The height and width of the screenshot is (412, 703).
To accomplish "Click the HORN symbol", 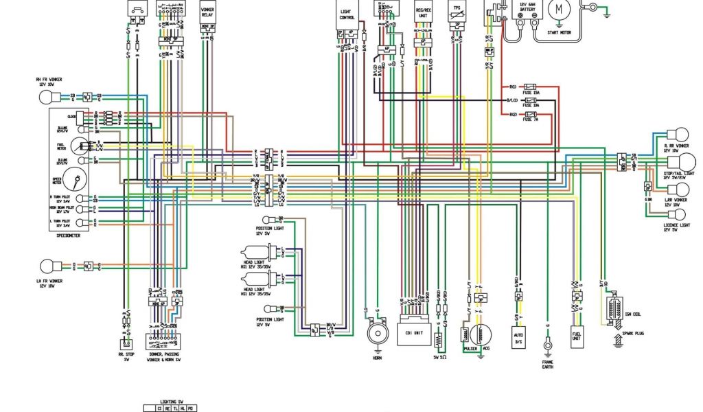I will click(376, 334).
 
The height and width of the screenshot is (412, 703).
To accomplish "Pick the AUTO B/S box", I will click(519, 336).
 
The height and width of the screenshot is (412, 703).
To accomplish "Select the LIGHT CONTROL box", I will click(347, 16).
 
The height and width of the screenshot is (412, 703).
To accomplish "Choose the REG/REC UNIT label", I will click(424, 13).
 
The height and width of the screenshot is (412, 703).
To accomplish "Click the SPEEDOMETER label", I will click(69, 235).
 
